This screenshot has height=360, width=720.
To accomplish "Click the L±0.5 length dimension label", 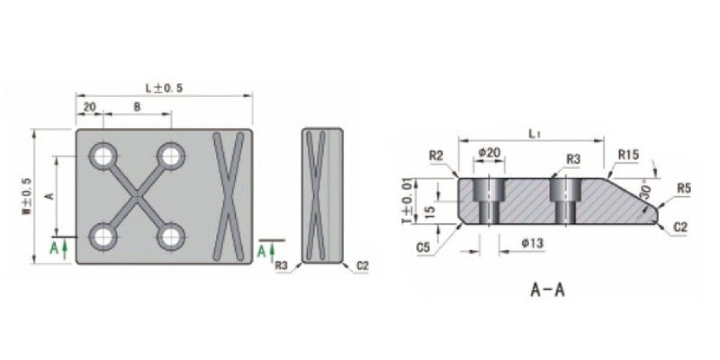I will click(164, 88).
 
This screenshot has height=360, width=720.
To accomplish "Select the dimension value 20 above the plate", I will click(89, 107).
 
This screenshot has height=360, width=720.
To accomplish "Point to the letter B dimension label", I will click(137, 107).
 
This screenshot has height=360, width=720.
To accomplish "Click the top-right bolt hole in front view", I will click(170, 157).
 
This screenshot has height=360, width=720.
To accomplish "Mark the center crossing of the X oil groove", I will click(137, 196).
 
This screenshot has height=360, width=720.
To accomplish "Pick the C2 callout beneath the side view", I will click(362, 265).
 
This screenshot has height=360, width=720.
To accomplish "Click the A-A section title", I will click(548, 290).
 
